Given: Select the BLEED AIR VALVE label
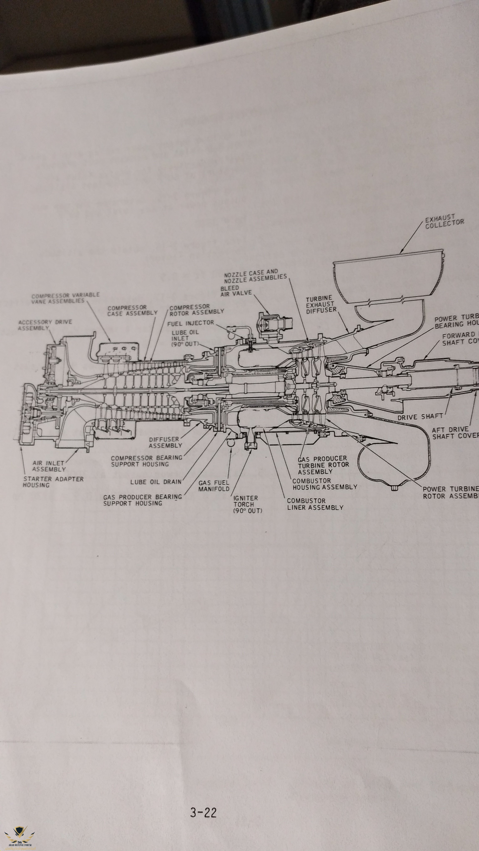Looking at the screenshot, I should point(236,290).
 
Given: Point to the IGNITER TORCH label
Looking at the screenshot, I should point(247,504).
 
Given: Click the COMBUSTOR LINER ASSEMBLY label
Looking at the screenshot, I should point(315,504).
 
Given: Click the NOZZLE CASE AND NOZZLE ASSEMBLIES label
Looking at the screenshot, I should point(255,276).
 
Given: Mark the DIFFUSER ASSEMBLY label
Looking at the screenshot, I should point(165,442).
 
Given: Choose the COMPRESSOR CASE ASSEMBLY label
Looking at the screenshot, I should point(132,311).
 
